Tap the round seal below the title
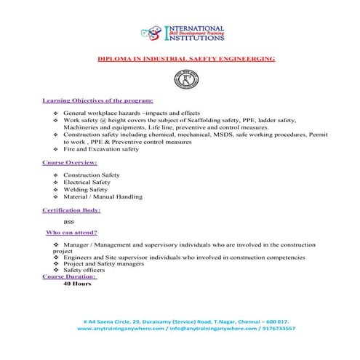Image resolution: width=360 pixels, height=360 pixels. point(179,78)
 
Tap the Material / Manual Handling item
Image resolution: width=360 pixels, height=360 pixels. point(102,197)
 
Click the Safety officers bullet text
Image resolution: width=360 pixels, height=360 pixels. point(85,270)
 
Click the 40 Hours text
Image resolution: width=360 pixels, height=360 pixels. point(77,284)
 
